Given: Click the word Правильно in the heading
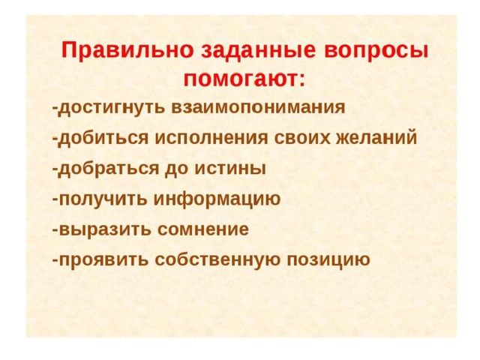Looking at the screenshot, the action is [127, 50].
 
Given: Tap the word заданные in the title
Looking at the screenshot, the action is [258, 51].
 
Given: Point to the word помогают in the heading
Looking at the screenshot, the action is [240, 79].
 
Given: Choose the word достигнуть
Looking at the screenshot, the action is [112, 108].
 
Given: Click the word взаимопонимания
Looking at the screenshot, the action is [258, 107].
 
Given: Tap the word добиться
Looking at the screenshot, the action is [103, 137].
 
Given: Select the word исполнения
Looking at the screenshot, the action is [211, 138].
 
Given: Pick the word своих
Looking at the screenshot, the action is [301, 138].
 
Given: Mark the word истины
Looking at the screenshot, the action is [230, 168].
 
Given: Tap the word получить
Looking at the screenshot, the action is [103, 199].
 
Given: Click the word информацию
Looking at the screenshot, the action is [217, 199].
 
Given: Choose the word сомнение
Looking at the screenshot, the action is [203, 229].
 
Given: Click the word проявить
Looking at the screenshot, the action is [103, 260].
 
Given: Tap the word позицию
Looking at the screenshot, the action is [328, 260].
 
